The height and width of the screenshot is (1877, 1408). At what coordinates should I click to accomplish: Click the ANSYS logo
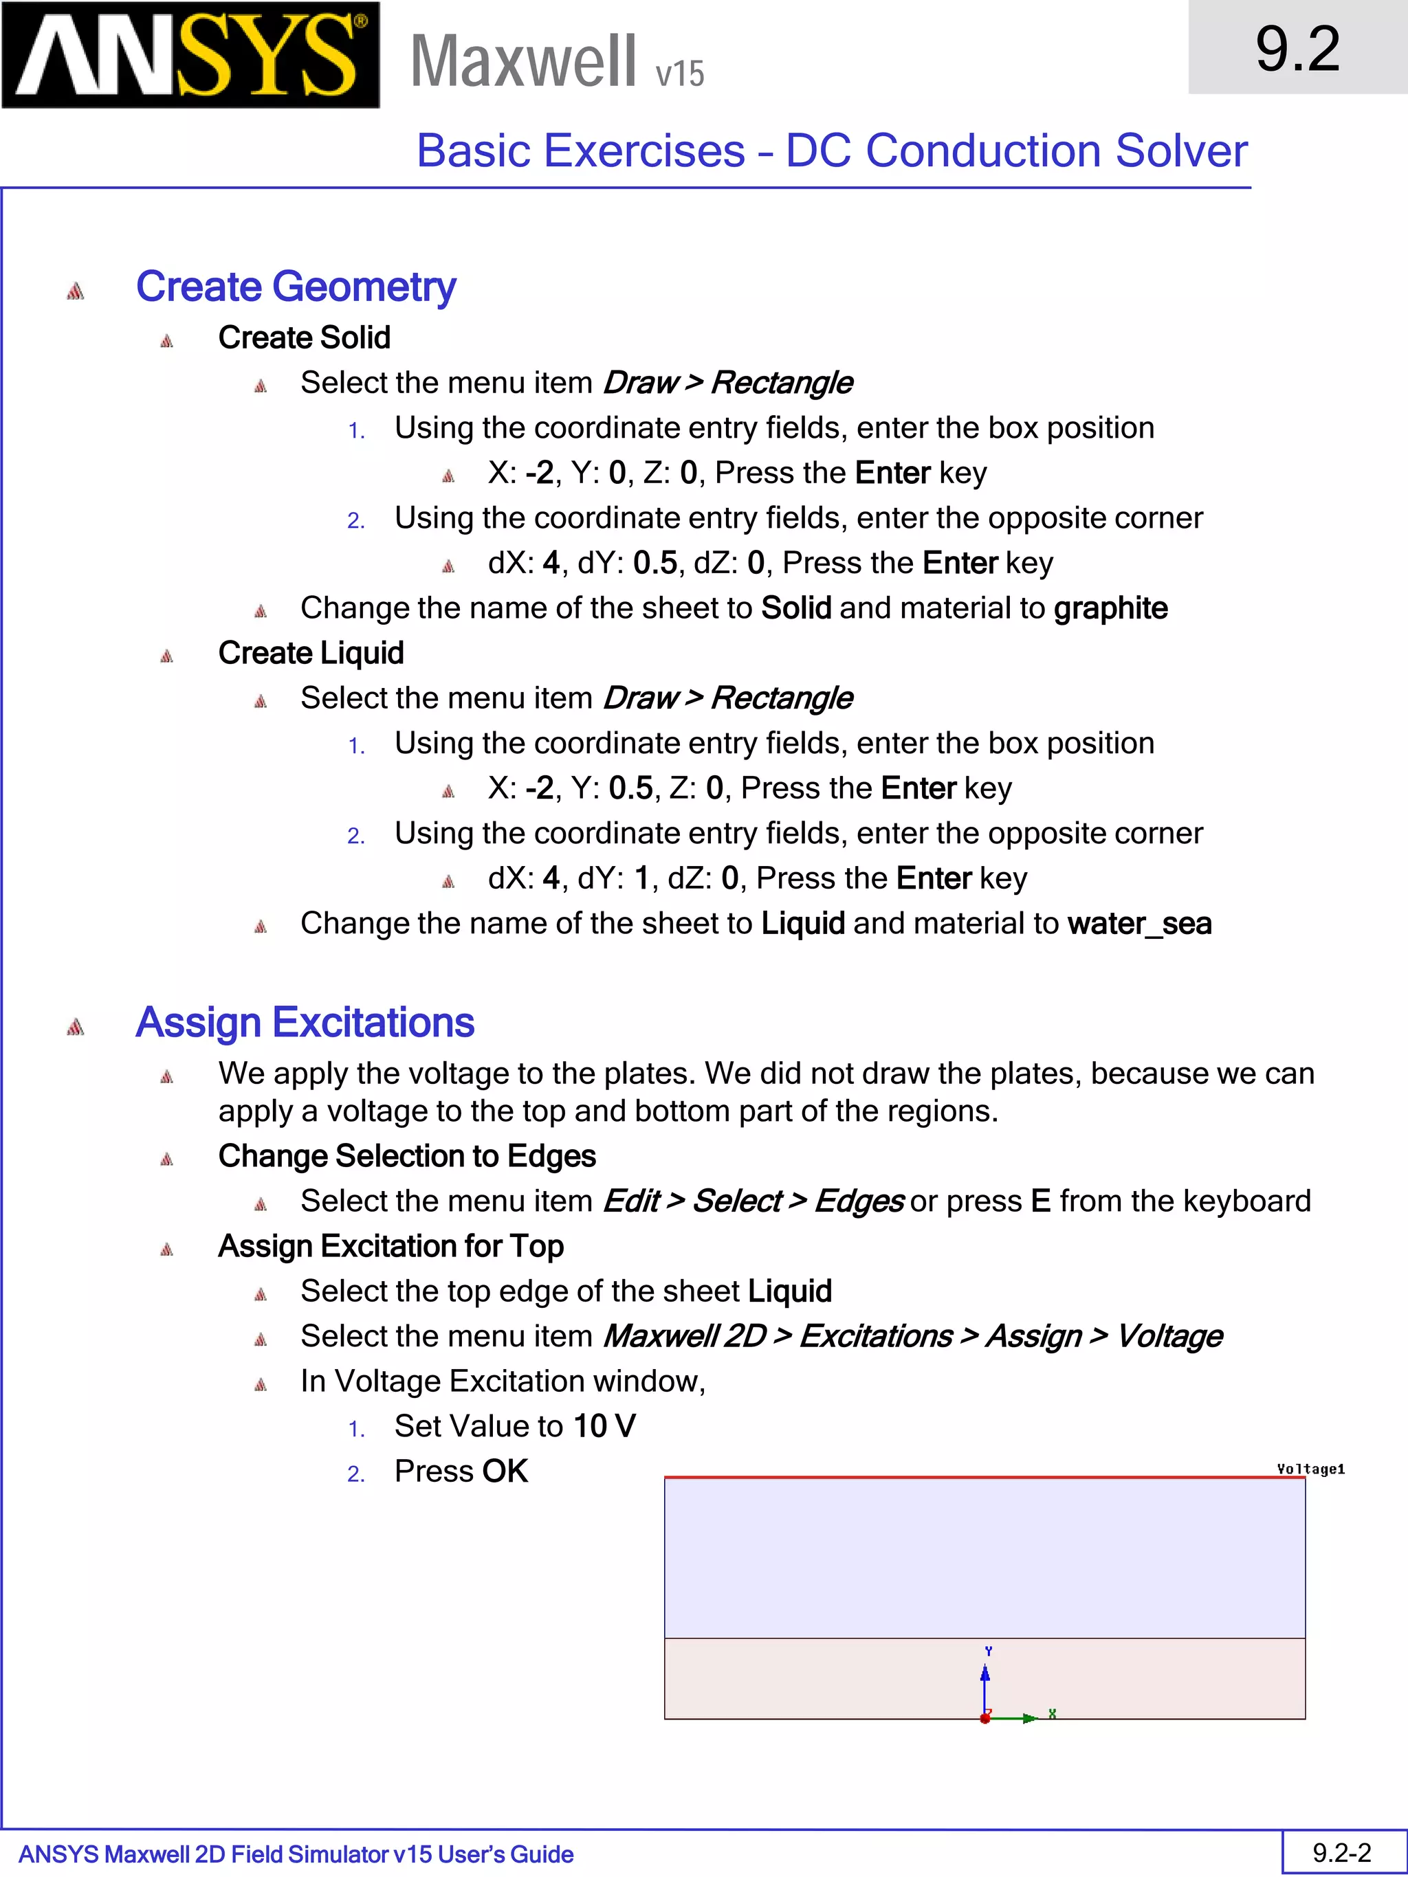(x=190, y=55)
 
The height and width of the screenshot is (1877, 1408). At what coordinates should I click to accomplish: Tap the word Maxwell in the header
(x=522, y=61)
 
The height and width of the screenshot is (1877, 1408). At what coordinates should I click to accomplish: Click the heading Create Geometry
(x=296, y=286)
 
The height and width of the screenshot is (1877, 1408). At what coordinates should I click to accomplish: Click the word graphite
(x=1110, y=608)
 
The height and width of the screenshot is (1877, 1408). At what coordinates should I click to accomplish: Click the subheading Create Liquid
(x=311, y=654)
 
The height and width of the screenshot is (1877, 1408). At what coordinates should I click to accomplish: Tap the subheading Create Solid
(x=304, y=337)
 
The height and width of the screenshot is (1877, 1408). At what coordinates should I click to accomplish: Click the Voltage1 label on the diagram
(x=1310, y=1469)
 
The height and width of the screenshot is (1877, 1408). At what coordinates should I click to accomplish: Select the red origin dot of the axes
(x=984, y=1718)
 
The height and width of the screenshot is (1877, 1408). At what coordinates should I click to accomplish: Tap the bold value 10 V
(x=604, y=1426)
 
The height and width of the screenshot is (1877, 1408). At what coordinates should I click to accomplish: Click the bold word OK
(x=505, y=1471)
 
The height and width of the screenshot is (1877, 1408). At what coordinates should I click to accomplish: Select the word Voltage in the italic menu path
(x=1169, y=1337)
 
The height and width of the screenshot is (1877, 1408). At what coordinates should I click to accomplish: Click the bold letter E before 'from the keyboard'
(x=1040, y=1201)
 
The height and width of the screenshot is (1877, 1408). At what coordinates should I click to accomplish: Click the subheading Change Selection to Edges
(x=406, y=1157)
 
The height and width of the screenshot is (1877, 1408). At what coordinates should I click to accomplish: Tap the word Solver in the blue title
(x=1180, y=151)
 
